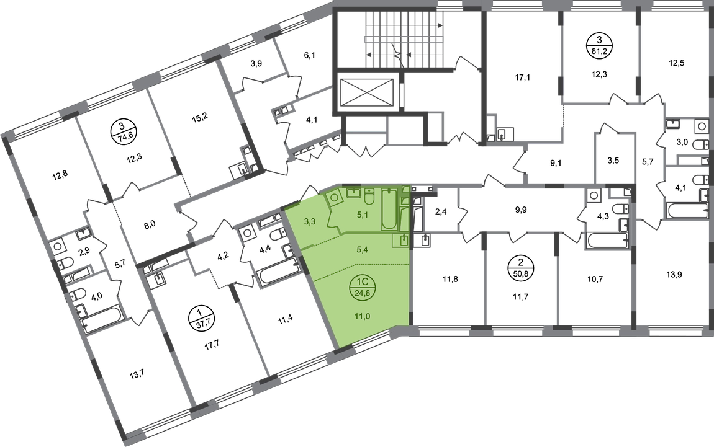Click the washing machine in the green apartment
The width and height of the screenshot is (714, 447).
click(x=333, y=198)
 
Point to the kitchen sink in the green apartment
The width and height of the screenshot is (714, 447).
click(x=402, y=241)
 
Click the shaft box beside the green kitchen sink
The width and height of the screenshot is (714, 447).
click(x=417, y=240)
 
